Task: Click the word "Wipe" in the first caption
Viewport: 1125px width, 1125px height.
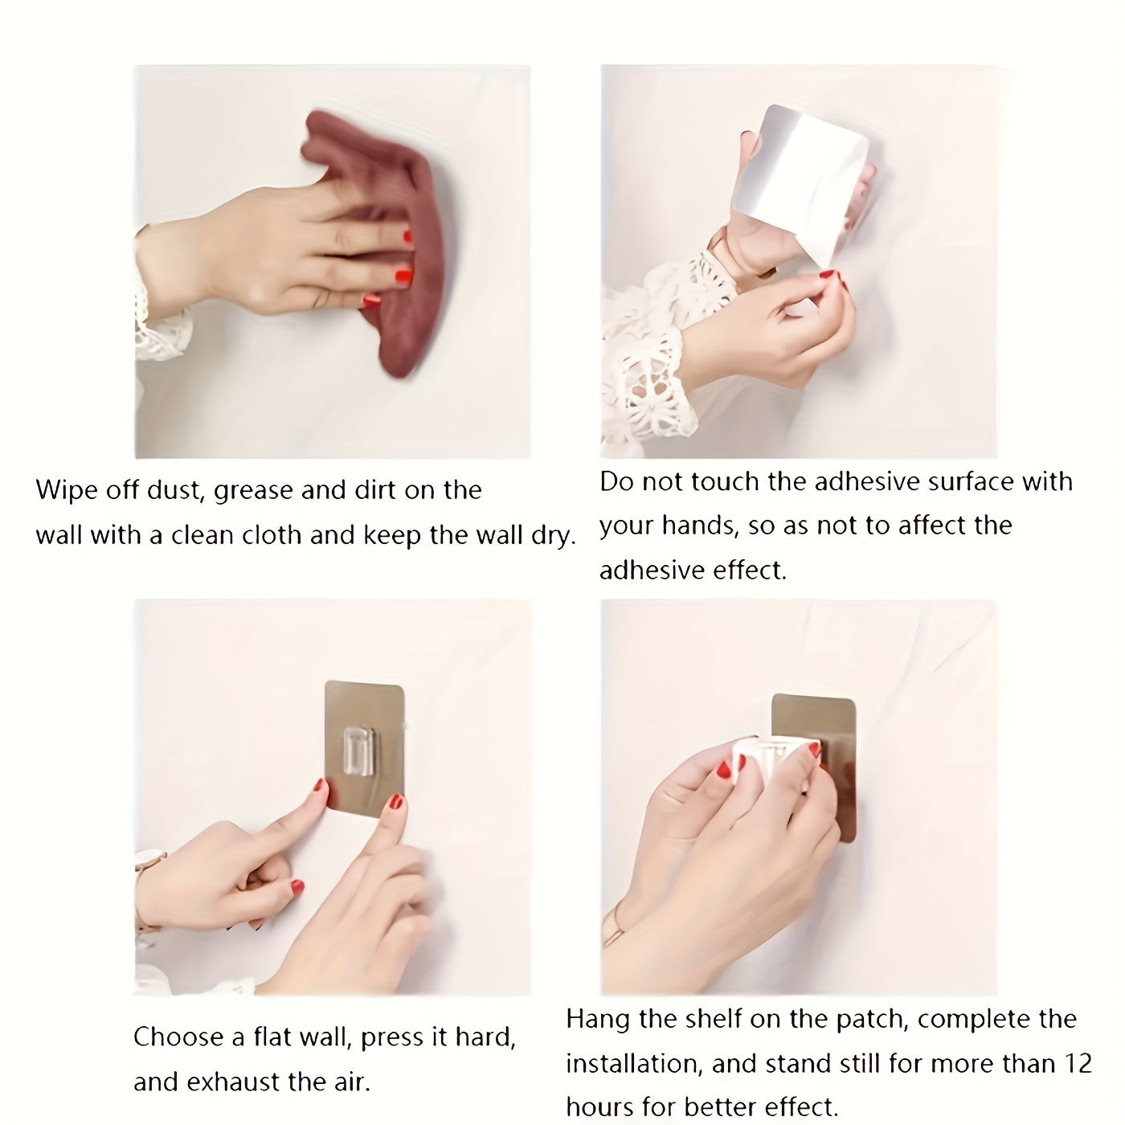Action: (66, 490)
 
